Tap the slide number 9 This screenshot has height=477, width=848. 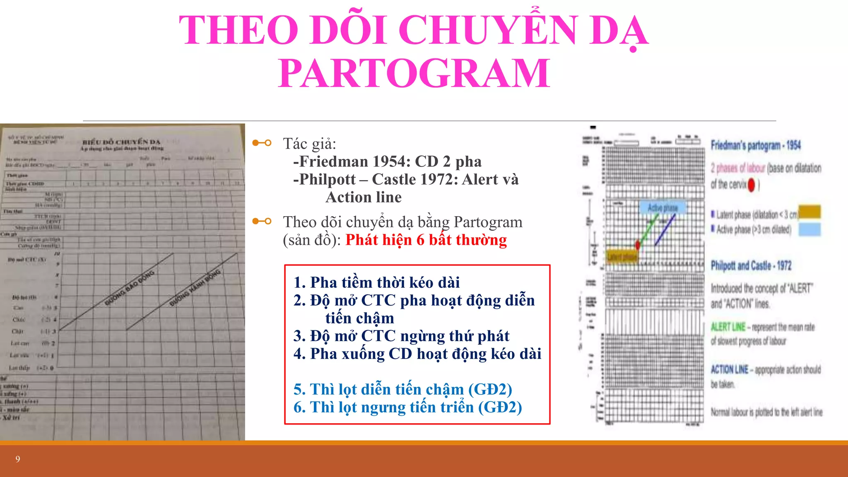coord(18,459)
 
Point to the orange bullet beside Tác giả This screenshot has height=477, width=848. coord(262,143)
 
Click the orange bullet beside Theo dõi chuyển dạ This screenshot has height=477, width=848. coord(262,221)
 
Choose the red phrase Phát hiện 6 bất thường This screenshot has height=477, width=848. coord(426,240)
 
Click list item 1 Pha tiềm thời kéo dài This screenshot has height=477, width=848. coord(377,282)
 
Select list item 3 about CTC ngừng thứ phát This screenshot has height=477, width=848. coord(401,336)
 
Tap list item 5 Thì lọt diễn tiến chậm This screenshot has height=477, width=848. coord(402,389)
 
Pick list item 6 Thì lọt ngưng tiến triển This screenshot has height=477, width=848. coord(407,407)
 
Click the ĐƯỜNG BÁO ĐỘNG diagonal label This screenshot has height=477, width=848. coord(130,288)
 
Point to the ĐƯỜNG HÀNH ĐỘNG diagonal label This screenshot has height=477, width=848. coord(195,288)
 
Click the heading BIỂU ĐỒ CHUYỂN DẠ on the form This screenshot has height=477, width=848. coord(121,142)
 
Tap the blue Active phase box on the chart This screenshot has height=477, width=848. coord(662,207)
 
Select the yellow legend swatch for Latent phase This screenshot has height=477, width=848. coord(809,212)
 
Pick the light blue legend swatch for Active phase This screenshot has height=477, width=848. coord(809,229)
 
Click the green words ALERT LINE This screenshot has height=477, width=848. coord(728,327)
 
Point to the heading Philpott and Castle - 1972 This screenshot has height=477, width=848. coord(751,265)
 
